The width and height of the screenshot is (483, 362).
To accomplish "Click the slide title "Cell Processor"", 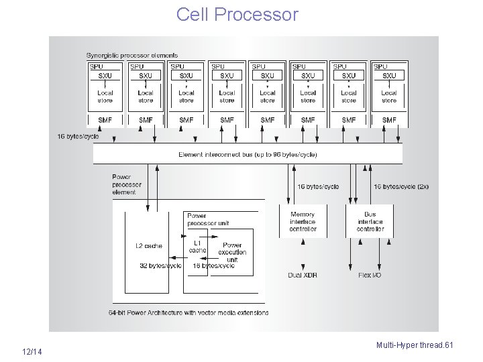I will pos(237,14).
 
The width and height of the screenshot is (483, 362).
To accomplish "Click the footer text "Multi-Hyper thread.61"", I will pos(415,345).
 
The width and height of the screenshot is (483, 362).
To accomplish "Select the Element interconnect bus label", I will pos(248,154).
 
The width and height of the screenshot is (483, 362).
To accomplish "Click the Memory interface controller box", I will pos(303,222).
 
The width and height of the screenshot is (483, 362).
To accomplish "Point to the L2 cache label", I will pos(148,246).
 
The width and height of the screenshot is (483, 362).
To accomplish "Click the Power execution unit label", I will pos(232,253).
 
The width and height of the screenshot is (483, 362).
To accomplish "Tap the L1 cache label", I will pos(198,247).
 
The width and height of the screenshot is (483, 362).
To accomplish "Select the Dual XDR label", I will pos(303,275).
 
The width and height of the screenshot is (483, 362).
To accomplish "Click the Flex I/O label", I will pos(370,275).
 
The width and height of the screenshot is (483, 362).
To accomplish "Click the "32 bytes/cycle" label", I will pos(160,265).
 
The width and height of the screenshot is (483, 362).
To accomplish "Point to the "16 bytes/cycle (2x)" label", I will pos(400,186).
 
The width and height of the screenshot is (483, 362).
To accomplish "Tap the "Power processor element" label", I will pos(124,185).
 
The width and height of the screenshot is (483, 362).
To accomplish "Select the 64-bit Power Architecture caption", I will pos(188,312).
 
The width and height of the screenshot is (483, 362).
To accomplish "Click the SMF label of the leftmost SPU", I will pos(105,120).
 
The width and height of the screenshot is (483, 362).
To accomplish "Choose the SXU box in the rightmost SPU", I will pos(389,76).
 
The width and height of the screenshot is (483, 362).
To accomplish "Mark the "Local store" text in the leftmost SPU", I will pos(105,97).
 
